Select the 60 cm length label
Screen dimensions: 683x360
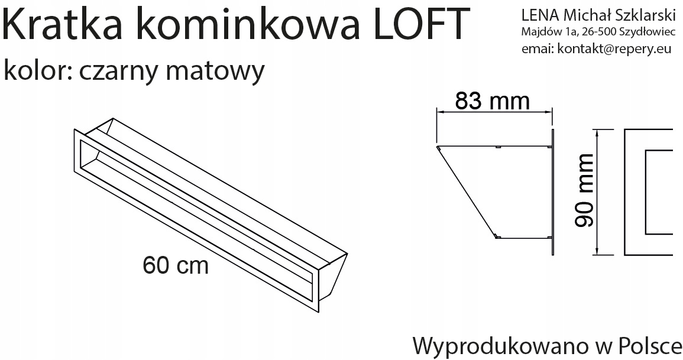176,266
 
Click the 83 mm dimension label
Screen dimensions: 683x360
492,102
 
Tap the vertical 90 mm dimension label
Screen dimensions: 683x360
585,190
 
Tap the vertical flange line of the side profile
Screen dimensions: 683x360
552,192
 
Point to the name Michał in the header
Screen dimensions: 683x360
588,14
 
